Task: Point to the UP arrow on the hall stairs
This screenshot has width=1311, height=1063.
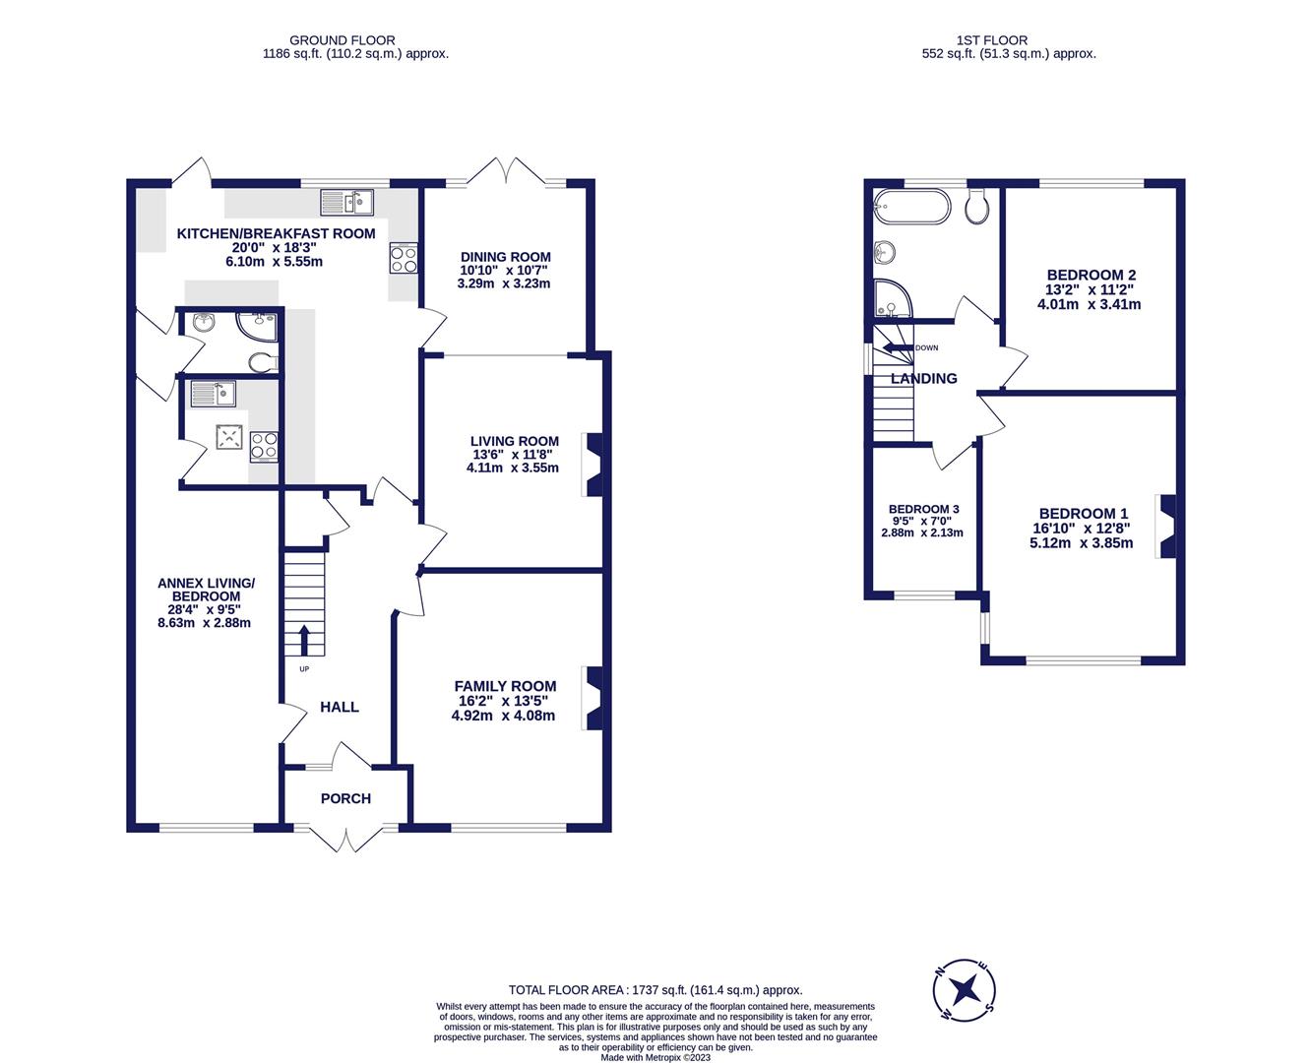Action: click(303, 640)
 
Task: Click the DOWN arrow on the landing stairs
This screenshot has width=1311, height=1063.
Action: click(897, 347)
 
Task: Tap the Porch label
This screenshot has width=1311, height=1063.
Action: click(345, 798)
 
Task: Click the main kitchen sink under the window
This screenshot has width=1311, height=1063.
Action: click(347, 203)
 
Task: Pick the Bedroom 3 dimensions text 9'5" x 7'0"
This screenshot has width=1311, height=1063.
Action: click(922, 521)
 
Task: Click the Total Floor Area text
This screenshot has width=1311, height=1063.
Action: click(655, 990)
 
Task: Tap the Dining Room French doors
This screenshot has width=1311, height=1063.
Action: click(506, 172)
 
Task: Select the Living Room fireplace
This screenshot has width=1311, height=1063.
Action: click(593, 464)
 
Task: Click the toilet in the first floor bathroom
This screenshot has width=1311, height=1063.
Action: click(977, 207)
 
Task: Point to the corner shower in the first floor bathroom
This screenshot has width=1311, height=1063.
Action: click(891, 299)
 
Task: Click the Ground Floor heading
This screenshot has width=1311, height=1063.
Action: click(355, 40)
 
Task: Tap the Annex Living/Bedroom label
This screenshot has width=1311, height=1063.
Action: click(206, 590)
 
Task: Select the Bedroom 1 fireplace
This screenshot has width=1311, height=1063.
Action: click(1167, 527)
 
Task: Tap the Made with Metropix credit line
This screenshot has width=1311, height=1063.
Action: click(655, 1057)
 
